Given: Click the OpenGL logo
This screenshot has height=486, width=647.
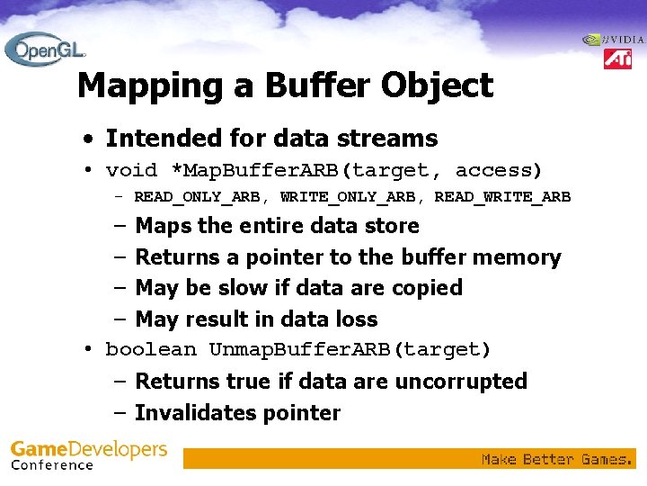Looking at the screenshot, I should [x=44, y=49].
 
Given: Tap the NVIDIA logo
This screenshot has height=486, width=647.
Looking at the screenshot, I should [x=614, y=40].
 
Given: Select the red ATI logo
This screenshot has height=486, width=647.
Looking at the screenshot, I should [x=617, y=59].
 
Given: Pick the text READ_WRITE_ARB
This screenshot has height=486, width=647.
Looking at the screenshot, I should [x=502, y=197].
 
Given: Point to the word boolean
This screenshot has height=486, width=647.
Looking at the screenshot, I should [x=151, y=349].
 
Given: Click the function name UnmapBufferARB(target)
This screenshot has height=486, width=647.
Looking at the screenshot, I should [x=350, y=349].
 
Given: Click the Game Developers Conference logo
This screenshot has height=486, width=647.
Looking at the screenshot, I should [x=88, y=454].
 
